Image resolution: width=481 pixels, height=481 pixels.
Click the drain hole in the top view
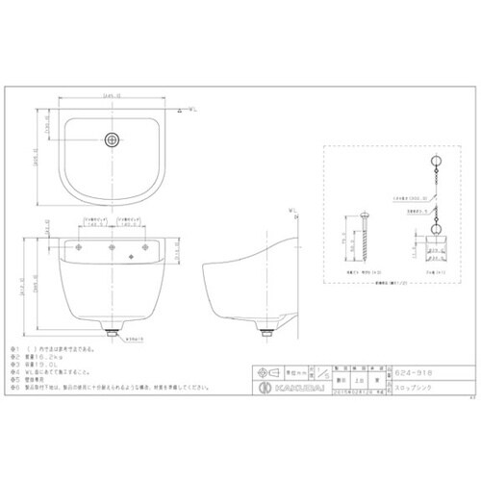point(114,139)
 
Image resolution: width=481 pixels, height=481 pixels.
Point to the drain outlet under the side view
point(264,330)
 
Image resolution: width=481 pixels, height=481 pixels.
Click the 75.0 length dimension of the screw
point(343,244)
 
